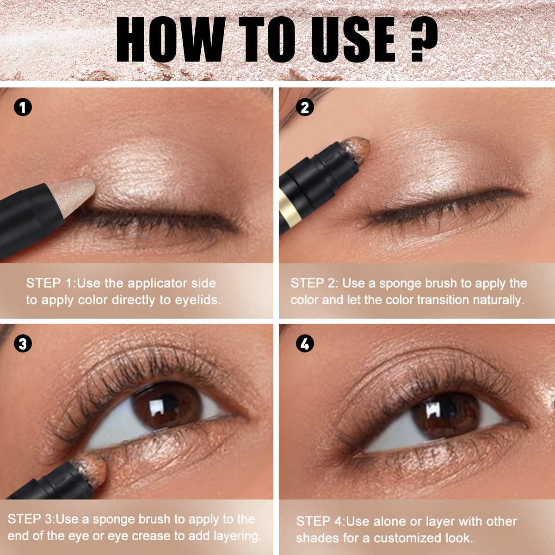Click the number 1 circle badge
tap(23, 107)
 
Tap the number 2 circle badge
tap(305, 107)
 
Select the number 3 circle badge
tap(23, 344)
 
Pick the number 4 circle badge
tap(305, 344)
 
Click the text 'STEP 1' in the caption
tap(49, 283)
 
